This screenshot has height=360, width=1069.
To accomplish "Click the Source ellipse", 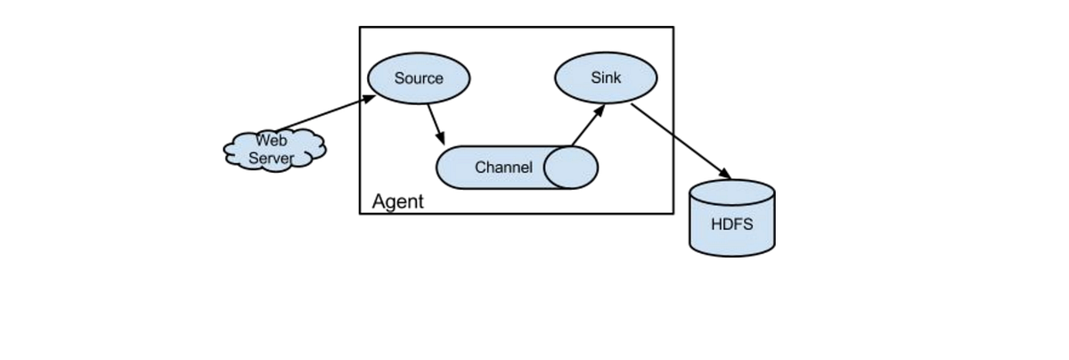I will coord(419,78).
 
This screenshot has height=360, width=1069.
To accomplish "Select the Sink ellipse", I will coord(606,78).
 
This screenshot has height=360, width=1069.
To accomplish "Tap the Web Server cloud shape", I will coord(274,149).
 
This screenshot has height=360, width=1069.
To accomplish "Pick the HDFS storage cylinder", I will coord(732,223).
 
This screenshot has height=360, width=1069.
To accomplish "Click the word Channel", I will coord(503,168).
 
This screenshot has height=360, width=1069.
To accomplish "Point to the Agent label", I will coord(397,201).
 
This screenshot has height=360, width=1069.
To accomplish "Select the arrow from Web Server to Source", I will coord(325,113).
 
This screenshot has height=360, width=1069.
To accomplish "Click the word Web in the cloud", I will coord(271,140).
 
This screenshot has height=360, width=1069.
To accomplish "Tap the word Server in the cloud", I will coord(271,158).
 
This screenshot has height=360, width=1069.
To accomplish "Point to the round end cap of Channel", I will coord(571,168).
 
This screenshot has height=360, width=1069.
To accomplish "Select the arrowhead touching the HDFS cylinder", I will coord(725,173).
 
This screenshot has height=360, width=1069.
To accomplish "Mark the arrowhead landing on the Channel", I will coord(442,140).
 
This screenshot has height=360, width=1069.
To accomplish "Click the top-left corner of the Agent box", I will coord(360,27).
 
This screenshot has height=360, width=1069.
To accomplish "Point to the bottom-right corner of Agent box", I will coord(673,213).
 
